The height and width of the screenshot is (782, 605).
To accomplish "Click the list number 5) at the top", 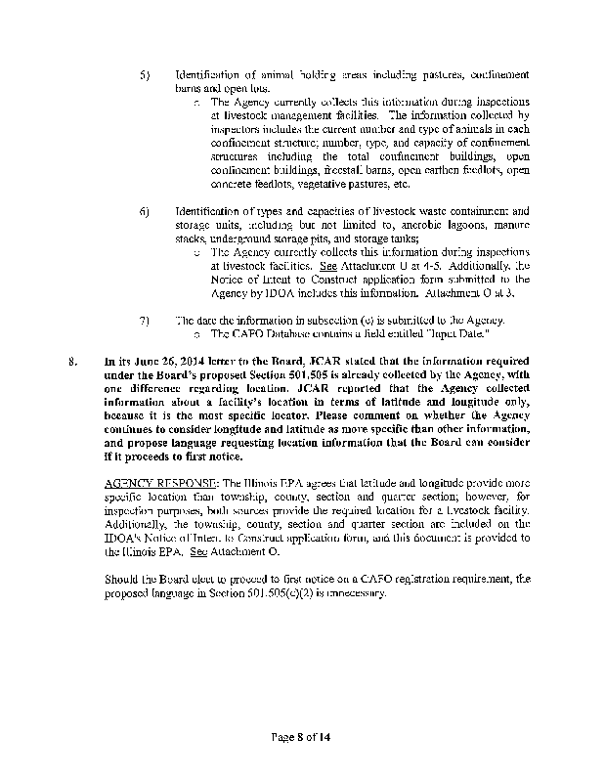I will (x=145, y=75).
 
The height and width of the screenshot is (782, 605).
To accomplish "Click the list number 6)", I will (x=145, y=211).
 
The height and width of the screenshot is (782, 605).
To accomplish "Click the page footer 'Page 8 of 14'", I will (x=301, y=736).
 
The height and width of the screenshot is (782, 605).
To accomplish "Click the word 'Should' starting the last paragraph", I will (x=122, y=579).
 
